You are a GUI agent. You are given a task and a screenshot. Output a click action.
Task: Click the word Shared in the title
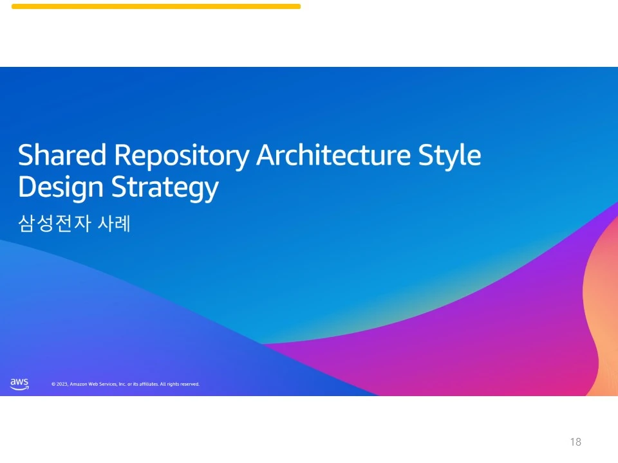tap(62, 155)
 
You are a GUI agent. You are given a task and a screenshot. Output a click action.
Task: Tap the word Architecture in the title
tap(333, 155)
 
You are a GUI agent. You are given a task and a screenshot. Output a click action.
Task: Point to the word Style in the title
tap(449, 156)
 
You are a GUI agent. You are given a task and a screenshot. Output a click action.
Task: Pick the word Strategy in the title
tap(165, 188)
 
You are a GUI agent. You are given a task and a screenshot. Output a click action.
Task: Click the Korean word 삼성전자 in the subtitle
tap(55, 223)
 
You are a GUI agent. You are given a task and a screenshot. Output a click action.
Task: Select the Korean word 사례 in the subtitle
tap(114, 223)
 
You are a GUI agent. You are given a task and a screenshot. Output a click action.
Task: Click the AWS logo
tap(19, 384)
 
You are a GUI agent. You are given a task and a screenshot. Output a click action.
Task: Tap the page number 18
tap(576, 442)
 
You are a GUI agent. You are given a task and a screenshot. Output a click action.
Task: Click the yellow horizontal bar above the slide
tap(156, 6)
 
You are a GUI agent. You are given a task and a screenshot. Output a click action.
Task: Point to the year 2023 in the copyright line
tap(62, 385)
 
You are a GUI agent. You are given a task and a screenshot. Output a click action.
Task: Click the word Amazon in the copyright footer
tap(79, 385)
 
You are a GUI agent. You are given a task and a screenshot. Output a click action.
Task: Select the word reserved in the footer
tap(189, 385)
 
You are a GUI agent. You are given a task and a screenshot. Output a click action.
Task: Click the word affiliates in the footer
tap(149, 385)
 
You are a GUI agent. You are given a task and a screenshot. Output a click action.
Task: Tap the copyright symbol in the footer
tap(53, 385)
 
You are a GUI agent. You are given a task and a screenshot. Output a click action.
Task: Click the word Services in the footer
tap(108, 385)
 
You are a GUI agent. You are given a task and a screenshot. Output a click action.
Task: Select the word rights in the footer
tap(173, 385)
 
